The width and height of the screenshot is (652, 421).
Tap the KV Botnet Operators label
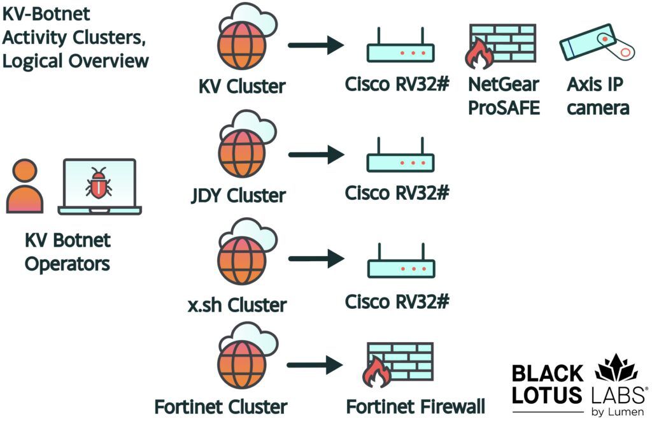(x=67, y=252)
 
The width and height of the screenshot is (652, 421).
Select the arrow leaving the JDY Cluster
(x=316, y=154)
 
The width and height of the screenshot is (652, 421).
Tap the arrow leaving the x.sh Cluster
(x=316, y=259)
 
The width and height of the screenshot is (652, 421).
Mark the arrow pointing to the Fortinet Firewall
(x=316, y=365)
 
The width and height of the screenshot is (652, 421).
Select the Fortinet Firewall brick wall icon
(x=399, y=365)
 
